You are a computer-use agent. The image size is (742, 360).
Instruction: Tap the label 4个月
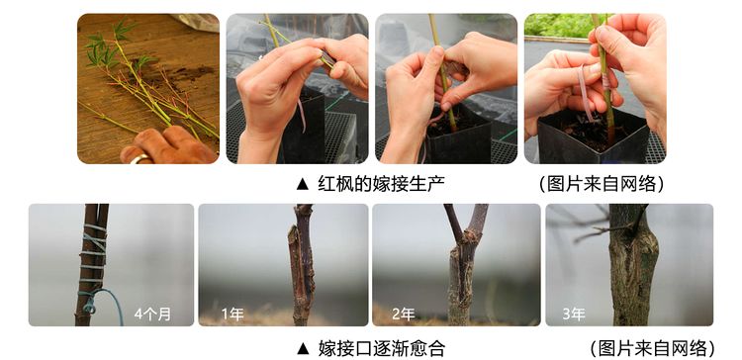pos(152,314)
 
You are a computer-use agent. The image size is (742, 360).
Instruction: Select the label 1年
pos(232,315)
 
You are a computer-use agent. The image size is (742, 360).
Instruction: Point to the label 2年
pos(404,315)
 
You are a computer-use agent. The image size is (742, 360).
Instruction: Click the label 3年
pos(574,315)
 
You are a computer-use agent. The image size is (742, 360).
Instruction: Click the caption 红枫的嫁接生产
pos(382,184)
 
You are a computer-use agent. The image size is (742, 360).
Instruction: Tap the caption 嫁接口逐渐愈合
pos(382,349)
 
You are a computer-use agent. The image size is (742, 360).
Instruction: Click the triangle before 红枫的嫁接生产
pos(303,184)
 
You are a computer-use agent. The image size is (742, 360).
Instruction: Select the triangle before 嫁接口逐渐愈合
pos(303,349)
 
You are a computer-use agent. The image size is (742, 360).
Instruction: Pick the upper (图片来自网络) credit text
pos(602,184)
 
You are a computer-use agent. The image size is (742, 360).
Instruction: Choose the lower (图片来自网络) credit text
pos(653,349)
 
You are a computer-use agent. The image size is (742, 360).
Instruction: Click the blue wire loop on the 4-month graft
pos(99,303)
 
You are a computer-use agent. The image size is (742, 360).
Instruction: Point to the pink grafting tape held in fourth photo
pos(585,92)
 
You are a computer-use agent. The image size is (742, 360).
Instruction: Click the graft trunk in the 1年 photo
pos(302,265)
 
